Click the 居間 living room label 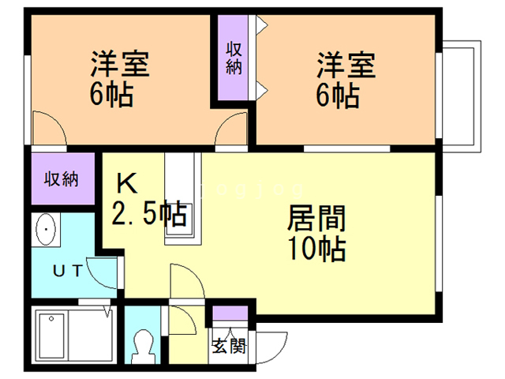[x=316, y=219]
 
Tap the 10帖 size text [x=317, y=249]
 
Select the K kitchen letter [x=126, y=183]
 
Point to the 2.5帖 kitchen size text [x=149, y=212]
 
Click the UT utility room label [x=68, y=270]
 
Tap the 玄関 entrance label [x=229, y=346]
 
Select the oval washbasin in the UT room [x=46, y=230]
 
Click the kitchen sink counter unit [x=183, y=198]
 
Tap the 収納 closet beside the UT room [x=63, y=178]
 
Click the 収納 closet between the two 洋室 [x=234, y=58]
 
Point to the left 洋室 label [x=120, y=64]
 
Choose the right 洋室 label [x=346, y=65]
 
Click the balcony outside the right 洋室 [x=462, y=96]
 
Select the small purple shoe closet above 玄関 [x=230, y=313]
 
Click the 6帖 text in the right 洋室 [x=338, y=95]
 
